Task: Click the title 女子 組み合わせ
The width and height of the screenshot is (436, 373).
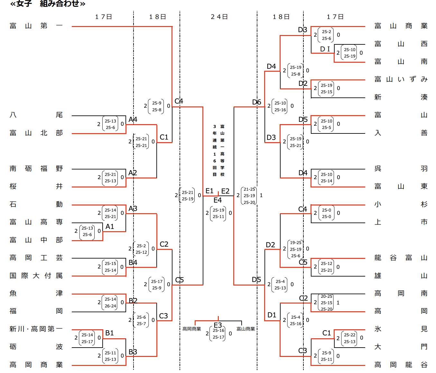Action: coord(48,4)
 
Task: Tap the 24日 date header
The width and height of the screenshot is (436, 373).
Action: coord(219,17)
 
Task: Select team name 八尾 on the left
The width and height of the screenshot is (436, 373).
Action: coord(36,115)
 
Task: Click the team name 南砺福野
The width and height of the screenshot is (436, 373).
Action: coord(36,168)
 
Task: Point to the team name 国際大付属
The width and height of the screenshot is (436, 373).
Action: coord(36,276)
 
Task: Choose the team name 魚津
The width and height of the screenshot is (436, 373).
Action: coord(36,293)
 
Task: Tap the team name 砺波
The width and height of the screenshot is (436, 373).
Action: coord(36,347)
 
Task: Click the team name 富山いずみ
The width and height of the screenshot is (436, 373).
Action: coord(401,79)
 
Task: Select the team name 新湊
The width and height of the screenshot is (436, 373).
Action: coord(401,97)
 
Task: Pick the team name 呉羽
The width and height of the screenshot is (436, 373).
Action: coord(401,168)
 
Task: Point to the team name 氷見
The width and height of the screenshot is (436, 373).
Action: coord(401,329)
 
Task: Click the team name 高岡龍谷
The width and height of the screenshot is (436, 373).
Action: coord(401,365)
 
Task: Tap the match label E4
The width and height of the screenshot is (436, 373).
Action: coord(218,200)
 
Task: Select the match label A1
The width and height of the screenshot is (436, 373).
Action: coord(110,227)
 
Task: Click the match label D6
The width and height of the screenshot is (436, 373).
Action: coord(256,102)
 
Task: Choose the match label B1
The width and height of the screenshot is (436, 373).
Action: coord(109,333)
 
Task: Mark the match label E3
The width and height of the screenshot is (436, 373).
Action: coord(218,325)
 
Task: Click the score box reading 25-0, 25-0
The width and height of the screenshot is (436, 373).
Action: coord(326,213)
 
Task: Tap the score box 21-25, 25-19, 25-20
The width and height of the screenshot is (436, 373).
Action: coord(249,196)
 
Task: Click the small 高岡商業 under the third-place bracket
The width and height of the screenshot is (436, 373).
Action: coord(192,329)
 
